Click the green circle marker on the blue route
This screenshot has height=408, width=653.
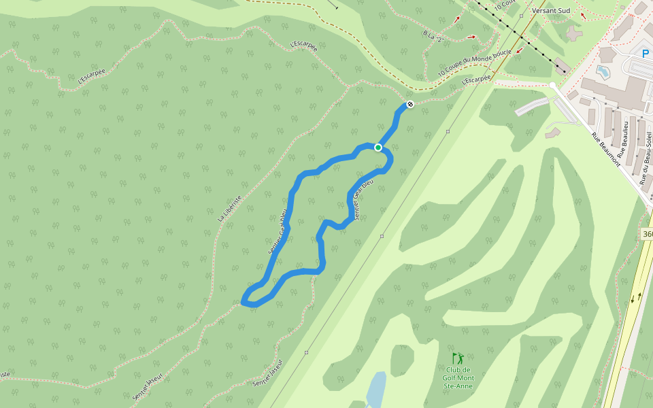378,147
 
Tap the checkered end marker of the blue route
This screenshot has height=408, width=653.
409,104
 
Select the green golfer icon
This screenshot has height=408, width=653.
458,358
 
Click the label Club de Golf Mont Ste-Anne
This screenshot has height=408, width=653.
458,378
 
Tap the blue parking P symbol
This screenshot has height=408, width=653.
646,52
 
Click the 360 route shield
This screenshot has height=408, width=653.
647,234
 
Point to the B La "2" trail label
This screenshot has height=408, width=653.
433,36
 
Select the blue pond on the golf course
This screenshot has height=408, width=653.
376,389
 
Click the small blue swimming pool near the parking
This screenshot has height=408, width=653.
603,71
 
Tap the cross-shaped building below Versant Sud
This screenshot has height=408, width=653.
574,32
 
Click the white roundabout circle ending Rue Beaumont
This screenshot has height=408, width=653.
552,86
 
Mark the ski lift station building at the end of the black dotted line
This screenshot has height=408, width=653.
561,66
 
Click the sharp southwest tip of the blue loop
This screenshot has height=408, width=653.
244,301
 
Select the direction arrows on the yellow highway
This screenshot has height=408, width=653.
636,297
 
